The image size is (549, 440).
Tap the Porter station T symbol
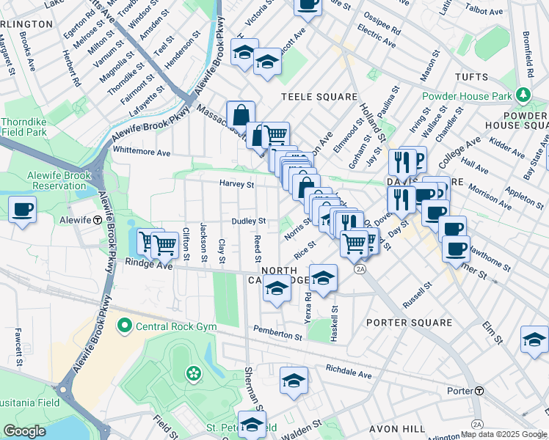(x=479, y=391)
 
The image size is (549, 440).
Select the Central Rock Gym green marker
(x=125, y=325)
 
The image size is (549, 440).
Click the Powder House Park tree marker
(x=522, y=95)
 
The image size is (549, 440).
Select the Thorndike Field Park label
(x=25, y=127)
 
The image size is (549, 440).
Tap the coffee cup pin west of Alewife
(x=22, y=210)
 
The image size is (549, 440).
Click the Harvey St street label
(x=236, y=184)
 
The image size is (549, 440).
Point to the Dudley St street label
(x=248, y=221)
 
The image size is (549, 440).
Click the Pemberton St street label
(x=277, y=335)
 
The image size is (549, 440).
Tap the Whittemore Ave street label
(x=141, y=153)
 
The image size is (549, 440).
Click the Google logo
(x=24, y=431)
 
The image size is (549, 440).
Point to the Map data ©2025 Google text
(x=503, y=434)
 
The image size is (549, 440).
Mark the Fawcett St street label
(x=18, y=347)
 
